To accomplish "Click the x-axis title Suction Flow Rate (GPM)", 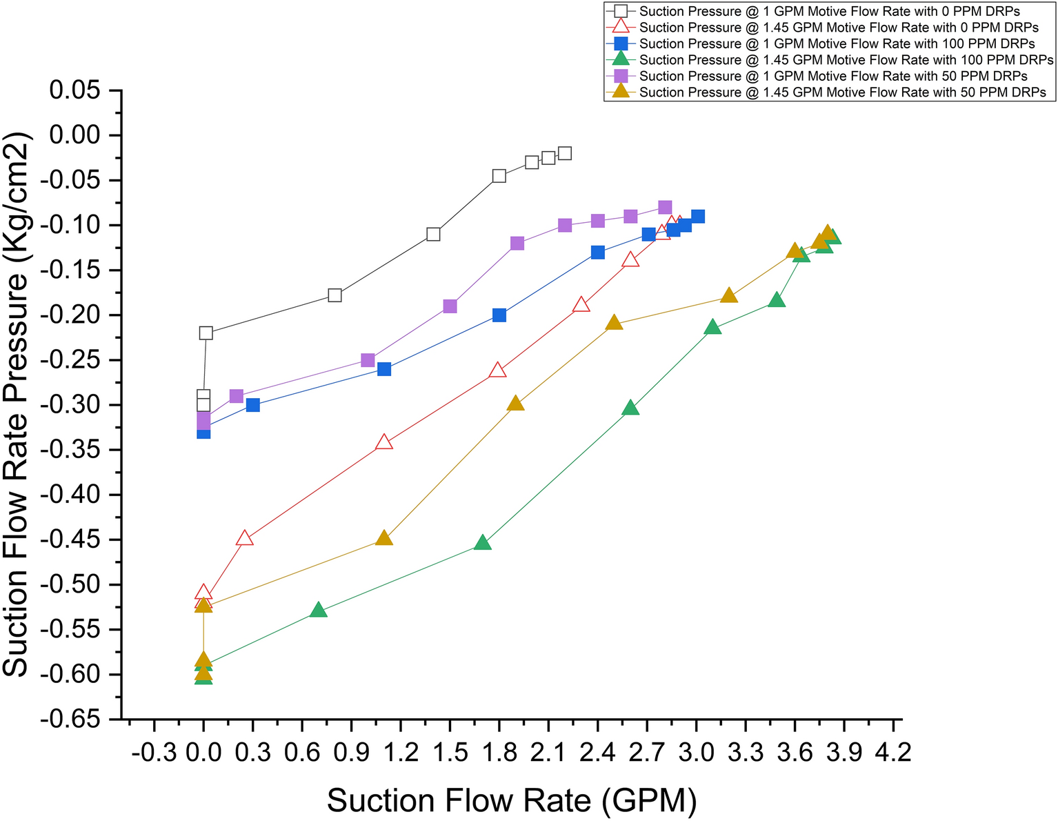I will coord(511,800).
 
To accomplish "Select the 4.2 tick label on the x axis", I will coord(893,751).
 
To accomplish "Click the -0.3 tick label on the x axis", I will coord(153,751).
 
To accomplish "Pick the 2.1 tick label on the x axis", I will coord(548,751).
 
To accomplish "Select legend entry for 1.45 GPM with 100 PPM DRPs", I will coord(846,60).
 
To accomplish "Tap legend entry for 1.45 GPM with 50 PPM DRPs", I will coord(842,92).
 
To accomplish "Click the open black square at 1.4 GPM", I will coord(433,235).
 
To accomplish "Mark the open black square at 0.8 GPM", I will coord(335,295).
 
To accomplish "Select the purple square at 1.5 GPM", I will coord(450,306).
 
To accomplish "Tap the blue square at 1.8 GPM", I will coord(499,315).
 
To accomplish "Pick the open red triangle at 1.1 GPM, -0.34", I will coord(384,443).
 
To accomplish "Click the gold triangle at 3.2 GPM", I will coord(729,296).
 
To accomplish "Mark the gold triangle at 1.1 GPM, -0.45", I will coord(384,538).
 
